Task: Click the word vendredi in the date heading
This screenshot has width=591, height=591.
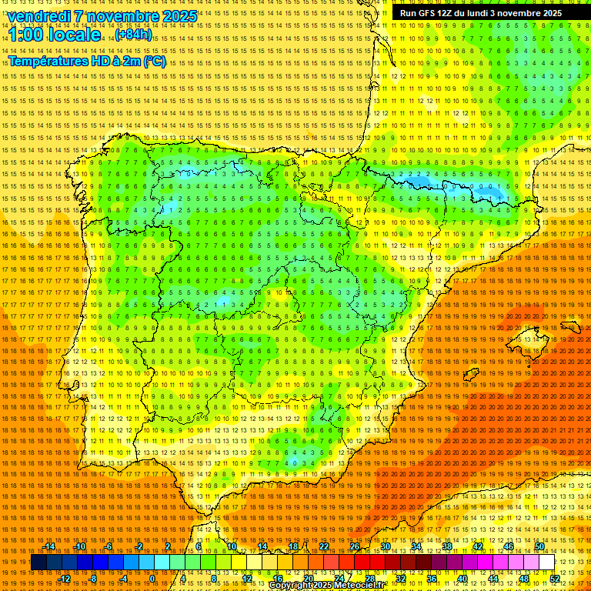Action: [x=38, y=16]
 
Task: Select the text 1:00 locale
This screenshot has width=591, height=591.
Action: [x=55, y=35]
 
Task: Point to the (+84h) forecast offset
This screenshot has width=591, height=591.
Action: [x=134, y=35]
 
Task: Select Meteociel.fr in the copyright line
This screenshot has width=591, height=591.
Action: [x=359, y=586]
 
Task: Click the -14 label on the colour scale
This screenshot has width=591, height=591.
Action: [x=48, y=546]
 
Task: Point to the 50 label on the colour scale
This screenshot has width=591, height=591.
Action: [x=539, y=546]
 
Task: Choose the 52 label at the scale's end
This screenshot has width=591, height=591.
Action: [x=554, y=579]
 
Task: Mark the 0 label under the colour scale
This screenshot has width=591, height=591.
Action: [x=152, y=579]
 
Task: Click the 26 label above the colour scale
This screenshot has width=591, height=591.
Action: [x=355, y=546]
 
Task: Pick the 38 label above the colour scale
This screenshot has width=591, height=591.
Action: [x=447, y=546]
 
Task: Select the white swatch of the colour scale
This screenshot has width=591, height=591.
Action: [x=547, y=563]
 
